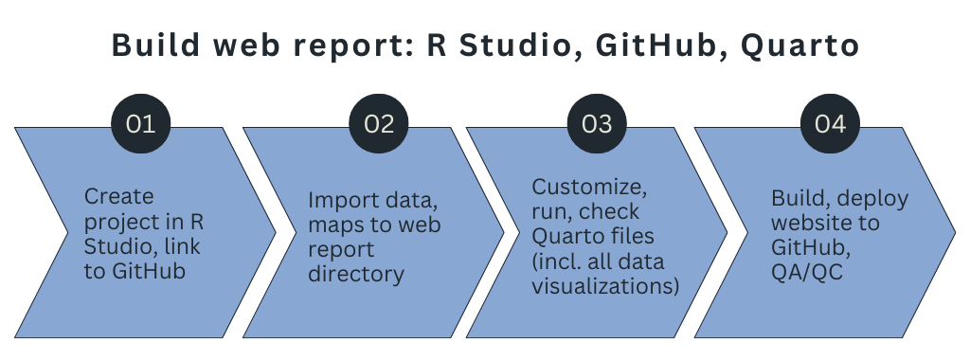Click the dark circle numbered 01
click(x=141, y=124)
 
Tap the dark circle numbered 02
click(x=379, y=124)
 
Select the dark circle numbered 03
click(x=597, y=124)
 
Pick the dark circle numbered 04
click(x=830, y=124)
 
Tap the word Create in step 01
click(x=118, y=197)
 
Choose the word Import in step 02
click(x=338, y=200)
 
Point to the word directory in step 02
click(x=356, y=275)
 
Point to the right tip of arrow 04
click(x=955, y=231)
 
